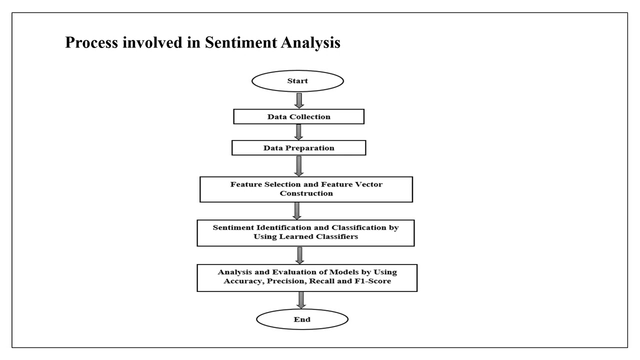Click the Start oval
click(x=297, y=81)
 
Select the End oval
click(x=301, y=319)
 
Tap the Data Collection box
click(x=298, y=116)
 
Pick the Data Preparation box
click(x=299, y=148)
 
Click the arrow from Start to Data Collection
click(x=299, y=100)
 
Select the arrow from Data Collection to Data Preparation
click(x=299, y=132)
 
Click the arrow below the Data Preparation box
click(x=299, y=165)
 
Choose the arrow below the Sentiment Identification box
click(x=300, y=254)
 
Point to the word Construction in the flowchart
click(x=306, y=193)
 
